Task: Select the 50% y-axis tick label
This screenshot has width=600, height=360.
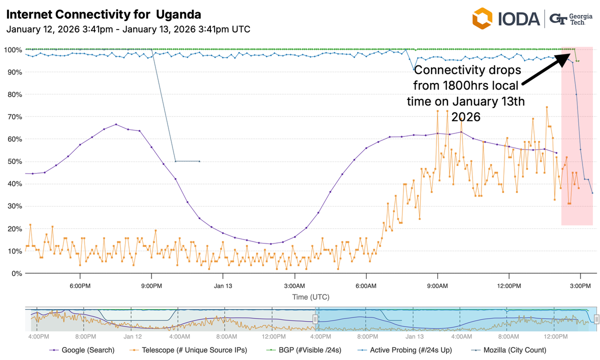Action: pyautogui.click(x=13, y=161)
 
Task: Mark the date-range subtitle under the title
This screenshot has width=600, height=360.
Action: pyautogui.click(x=128, y=29)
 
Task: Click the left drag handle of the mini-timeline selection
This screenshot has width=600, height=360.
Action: pyautogui.click(x=315, y=319)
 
